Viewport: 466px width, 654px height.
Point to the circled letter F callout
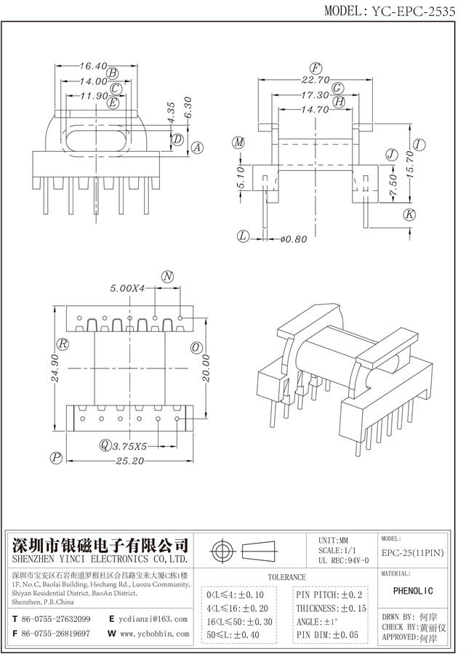316,67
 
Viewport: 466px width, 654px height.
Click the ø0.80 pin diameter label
293,237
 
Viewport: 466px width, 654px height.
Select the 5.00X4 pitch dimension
128,288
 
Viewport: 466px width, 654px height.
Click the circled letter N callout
168,276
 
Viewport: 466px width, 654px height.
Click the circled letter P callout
55,457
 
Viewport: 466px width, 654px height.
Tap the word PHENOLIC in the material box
417,592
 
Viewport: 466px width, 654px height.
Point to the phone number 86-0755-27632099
56,619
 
